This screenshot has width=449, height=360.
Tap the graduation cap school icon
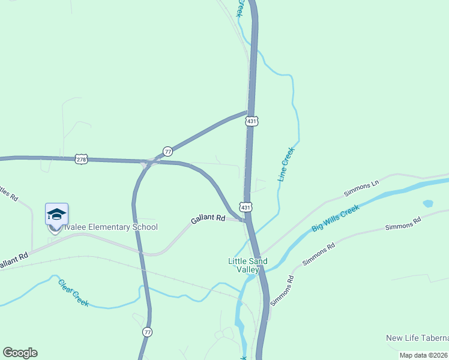[x=56, y=214]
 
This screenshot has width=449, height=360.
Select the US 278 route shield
[x=82, y=159]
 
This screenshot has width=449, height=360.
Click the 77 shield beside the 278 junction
[x=167, y=151]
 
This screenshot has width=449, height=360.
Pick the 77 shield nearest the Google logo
[x=148, y=332]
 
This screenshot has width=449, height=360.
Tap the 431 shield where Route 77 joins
[x=252, y=121]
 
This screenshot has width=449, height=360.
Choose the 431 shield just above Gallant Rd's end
[x=246, y=206]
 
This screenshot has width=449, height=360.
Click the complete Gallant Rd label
[x=208, y=220]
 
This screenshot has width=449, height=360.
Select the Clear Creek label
[x=73, y=293]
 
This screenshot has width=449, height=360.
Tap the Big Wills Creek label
[x=335, y=219]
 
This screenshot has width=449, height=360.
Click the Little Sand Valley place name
[x=247, y=265]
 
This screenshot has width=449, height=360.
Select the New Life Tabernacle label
[x=417, y=338]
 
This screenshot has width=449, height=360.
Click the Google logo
[x=20, y=353]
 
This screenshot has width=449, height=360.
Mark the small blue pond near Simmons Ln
[x=428, y=203]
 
